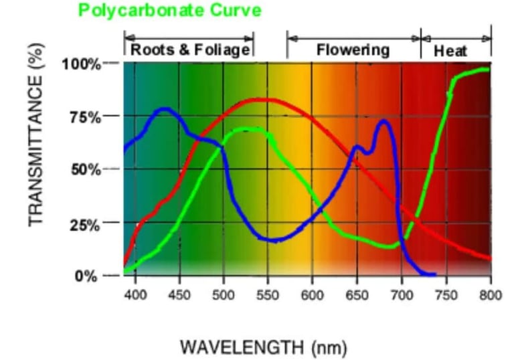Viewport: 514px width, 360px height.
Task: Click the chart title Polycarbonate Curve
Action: coord(169,10)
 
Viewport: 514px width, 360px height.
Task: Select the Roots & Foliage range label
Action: coord(189,50)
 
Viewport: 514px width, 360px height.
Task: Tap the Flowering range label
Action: coord(353,50)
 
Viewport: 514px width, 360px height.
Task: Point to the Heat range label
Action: coord(450,51)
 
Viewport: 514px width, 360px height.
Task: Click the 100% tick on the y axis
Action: coord(81,64)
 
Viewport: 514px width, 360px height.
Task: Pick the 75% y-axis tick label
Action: coord(85,117)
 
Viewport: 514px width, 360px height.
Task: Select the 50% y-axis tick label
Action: coord(85,169)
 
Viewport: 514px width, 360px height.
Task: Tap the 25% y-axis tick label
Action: coord(85,223)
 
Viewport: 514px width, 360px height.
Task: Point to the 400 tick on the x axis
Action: coord(135,295)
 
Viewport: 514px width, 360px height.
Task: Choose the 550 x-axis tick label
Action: coord(268,295)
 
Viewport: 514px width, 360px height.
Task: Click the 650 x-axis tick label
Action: coord(357,295)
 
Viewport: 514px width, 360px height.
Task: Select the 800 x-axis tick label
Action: coord(491,295)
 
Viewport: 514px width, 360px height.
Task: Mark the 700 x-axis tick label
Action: coord(402,295)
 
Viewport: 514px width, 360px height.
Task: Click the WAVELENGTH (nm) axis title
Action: coord(263,347)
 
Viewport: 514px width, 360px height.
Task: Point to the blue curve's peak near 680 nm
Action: coord(383,121)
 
